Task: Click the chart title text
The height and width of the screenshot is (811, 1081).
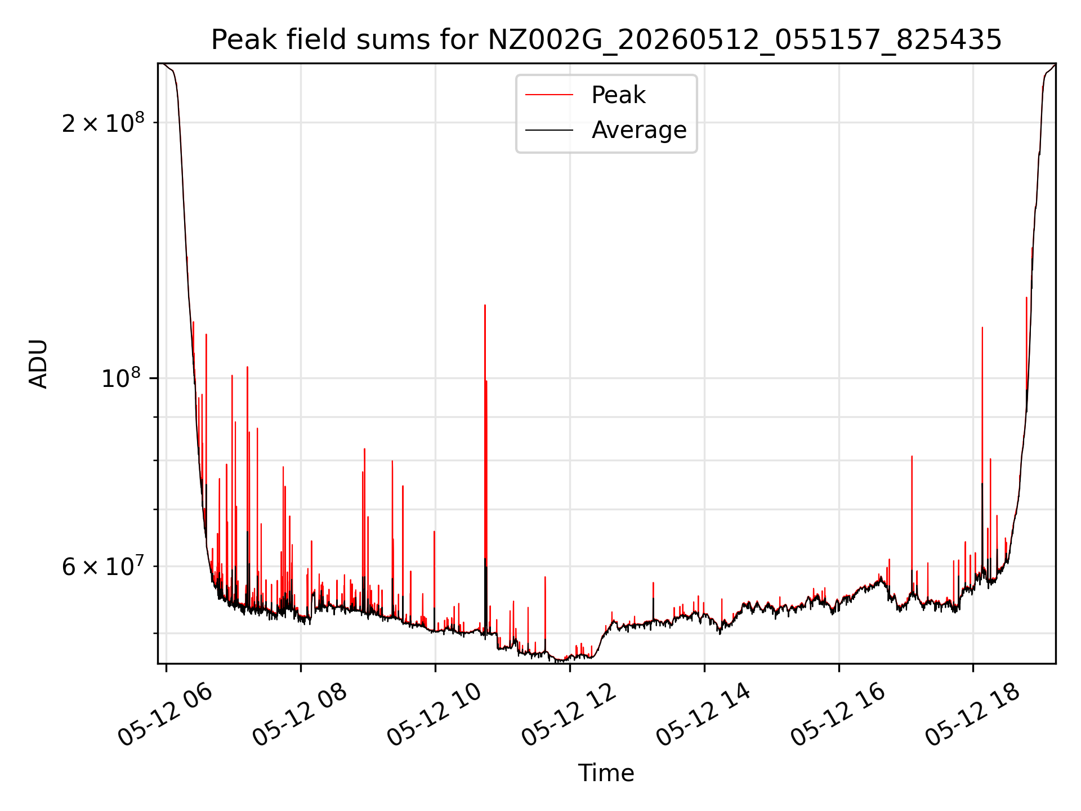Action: pyautogui.click(x=606, y=40)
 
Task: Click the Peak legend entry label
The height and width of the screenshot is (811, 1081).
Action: pyautogui.click(x=618, y=95)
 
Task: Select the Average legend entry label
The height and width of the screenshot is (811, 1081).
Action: pyautogui.click(x=639, y=130)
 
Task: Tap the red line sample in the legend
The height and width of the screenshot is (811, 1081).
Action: pyautogui.click(x=550, y=95)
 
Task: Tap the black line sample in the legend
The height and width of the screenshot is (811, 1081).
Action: pyautogui.click(x=550, y=130)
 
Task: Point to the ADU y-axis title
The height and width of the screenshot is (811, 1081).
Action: pyautogui.click(x=38, y=364)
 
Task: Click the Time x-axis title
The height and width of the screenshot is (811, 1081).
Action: pyautogui.click(x=606, y=773)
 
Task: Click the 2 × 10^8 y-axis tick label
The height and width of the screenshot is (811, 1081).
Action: pyautogui.click(x=103, y=122)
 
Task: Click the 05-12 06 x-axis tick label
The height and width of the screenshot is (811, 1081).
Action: pyautogui.click(x=166, y=715)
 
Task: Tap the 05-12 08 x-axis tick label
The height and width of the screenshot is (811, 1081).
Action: pyautogui.click(x=300, y=715)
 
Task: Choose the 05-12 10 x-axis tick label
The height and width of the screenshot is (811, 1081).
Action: pyautogui.click(x=435, y=715)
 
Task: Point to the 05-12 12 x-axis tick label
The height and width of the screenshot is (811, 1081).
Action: pyautogui.click(x=569, y=715)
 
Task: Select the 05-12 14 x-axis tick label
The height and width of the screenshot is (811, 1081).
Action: pyautogui.click(x=704, y=715)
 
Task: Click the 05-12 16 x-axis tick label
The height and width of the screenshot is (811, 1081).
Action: pyautogui.click(x=838, y=715)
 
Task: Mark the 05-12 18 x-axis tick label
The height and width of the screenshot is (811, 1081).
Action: pyautogui.click(x=973, y=715)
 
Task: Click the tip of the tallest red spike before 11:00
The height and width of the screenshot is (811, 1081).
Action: pyautogui.click(x=485, y=305)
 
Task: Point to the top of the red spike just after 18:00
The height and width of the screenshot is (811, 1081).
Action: pyautogui.click(x=982, y=327)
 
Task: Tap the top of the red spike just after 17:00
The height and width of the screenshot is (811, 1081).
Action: pyautogui.click(x=912, y=456)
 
